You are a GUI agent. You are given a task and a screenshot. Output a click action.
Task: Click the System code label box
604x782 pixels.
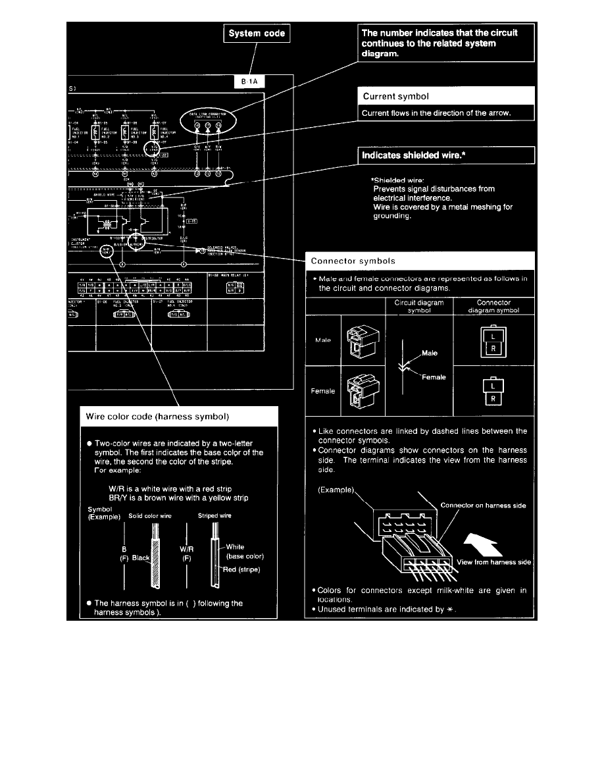pos(258,33)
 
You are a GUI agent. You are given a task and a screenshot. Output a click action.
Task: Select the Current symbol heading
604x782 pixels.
pos(392,97)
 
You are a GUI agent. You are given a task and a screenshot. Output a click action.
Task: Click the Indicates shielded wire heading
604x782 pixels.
pos(415,156)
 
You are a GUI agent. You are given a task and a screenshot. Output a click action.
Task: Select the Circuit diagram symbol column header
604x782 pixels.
pos(419,307)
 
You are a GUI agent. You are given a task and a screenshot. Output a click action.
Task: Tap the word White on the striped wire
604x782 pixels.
pos(236,546)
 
